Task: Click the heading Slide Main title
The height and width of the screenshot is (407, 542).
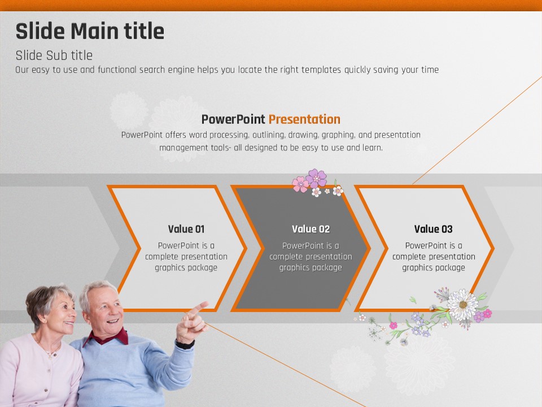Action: click(x=90, y=31)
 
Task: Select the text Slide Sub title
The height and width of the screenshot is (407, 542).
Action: click(x=54, y=55)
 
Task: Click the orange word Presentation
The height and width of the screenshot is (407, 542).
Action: click(x=304, y=119)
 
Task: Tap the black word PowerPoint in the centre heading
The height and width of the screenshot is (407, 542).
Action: click(x=233, y=119)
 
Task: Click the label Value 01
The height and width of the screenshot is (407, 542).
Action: click(x=186, y=229)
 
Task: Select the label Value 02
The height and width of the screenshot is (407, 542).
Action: click(x=311, y=229)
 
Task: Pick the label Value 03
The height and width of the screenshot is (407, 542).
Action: click(x=434, y=229)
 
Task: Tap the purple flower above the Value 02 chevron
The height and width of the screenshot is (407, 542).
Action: click(x=317, y=178)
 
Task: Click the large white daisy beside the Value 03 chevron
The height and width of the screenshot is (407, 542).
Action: click(x=462, y=305)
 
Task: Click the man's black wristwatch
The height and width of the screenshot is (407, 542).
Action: click(x=185, y=344)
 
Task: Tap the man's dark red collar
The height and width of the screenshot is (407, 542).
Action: click(x=107, y=336)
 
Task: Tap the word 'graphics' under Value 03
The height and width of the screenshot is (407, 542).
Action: click(x=416, y=268)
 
